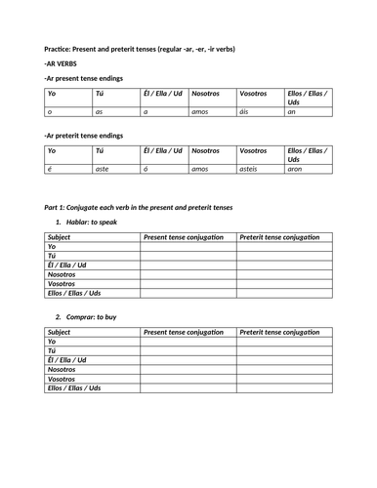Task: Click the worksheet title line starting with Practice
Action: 140,49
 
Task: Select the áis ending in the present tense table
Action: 245,112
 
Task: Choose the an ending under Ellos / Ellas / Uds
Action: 291,112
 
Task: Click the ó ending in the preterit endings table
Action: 146,169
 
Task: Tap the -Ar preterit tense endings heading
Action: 84,135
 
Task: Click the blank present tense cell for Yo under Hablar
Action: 188,247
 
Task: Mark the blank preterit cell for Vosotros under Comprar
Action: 283,379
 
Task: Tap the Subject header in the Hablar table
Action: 60,237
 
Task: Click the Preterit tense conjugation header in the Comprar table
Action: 281,332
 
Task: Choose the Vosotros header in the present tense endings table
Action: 253,95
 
